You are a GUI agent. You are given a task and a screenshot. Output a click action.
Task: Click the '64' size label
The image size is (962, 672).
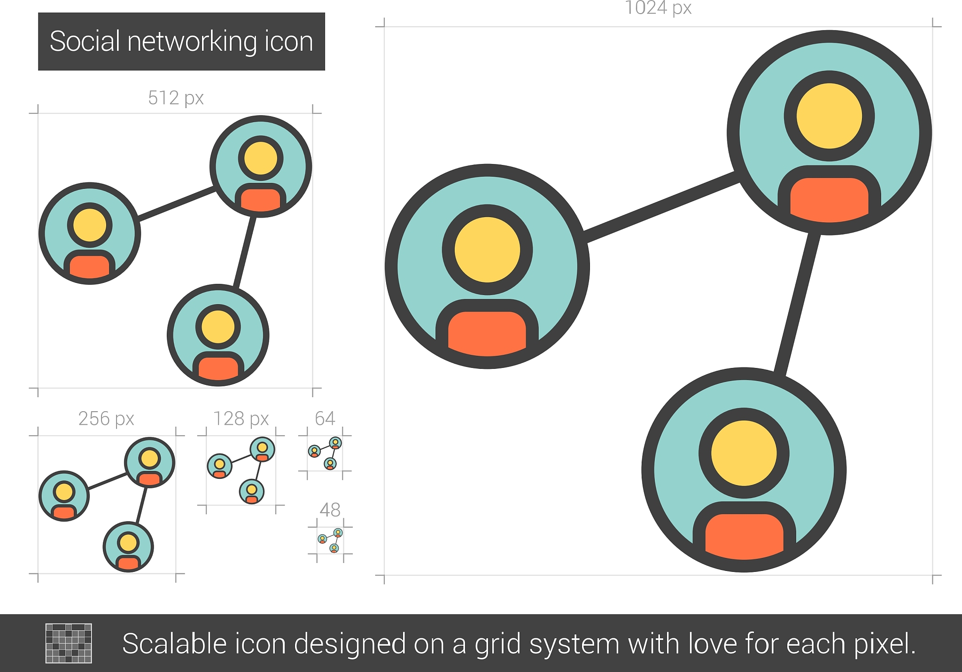coord(325,418)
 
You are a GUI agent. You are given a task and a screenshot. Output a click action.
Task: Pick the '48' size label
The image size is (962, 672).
coord(330,510)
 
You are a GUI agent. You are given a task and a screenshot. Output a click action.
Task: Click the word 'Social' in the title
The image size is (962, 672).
coord(85,41)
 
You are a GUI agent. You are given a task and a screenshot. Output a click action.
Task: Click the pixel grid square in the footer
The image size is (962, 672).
coord(69,643)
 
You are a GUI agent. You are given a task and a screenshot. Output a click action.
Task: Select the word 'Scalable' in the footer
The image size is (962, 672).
coord(174,643)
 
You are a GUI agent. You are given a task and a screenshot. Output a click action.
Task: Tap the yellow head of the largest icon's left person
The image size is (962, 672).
coord(487,250)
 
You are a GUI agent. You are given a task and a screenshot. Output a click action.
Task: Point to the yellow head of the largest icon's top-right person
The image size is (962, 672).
coord(829,116)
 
